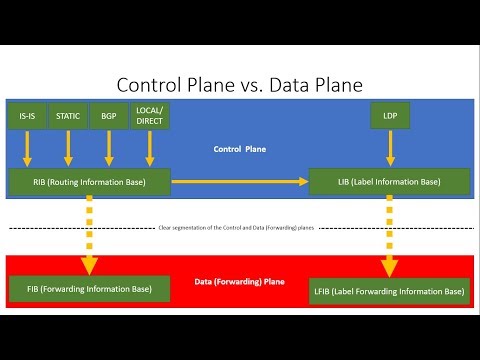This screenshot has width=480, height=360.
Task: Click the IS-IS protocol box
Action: coord(27,116)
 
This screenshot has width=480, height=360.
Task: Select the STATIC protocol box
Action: coord(68,116)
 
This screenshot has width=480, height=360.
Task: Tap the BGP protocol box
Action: coord(108,116)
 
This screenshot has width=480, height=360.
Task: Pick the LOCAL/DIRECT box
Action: coord(150,116)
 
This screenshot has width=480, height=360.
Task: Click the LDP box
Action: coord(390,116)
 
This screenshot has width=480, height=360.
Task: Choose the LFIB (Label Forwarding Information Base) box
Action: coord(389,291)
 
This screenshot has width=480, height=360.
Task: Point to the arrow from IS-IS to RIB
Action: coord(28,149)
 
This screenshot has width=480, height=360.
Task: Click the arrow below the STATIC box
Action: coord(68,149)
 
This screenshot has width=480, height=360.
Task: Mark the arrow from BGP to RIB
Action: coord(108,149)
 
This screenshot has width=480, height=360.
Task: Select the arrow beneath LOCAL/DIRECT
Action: coord(150,149)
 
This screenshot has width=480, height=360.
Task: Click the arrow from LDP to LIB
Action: coord(390,149)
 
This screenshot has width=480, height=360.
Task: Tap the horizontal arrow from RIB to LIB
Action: coord(240,181)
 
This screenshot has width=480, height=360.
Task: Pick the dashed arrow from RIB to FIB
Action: coord(90,235)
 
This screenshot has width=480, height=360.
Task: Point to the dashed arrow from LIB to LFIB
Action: coord(389,236)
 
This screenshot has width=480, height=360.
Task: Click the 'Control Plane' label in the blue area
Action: coord(240,149)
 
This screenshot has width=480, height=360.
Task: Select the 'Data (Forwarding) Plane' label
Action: coord(240,283)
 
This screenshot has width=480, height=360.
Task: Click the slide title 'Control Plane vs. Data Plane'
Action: coord(240,84)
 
